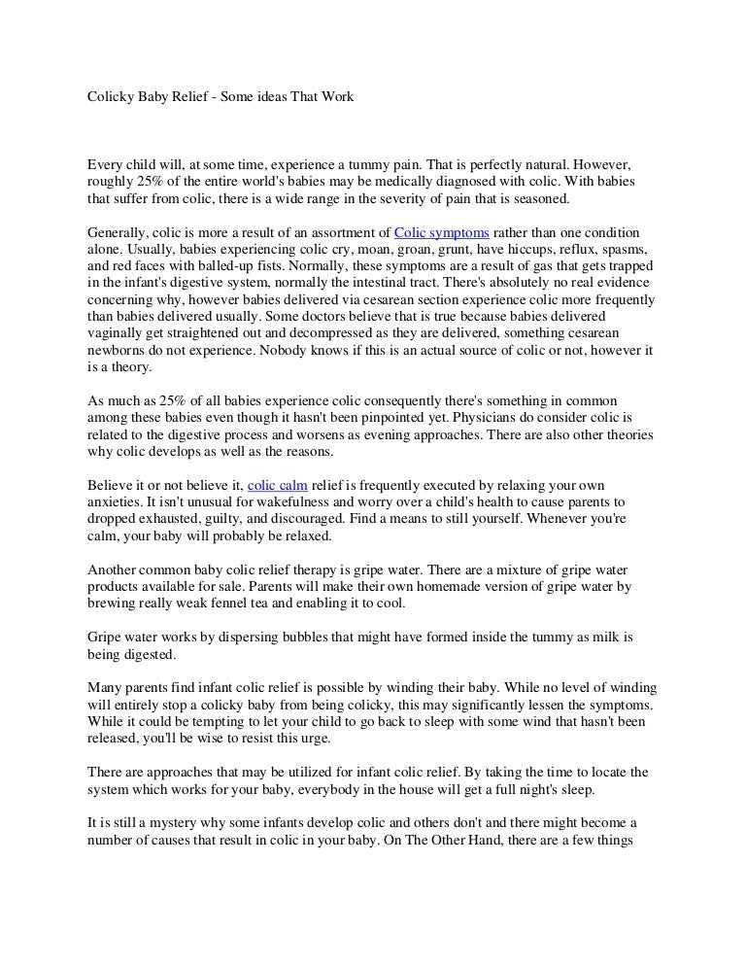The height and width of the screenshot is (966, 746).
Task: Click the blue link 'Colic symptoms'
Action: pos(442,232)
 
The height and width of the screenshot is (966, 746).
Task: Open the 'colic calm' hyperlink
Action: pos(277,484)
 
